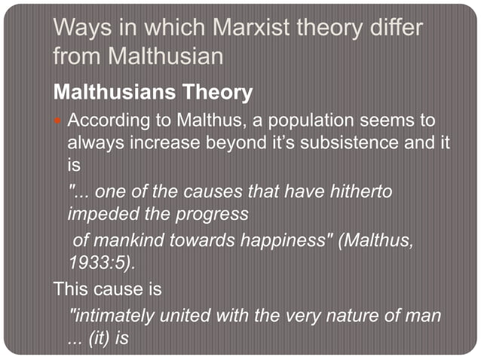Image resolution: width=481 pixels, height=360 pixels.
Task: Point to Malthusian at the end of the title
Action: [x=171, y=56]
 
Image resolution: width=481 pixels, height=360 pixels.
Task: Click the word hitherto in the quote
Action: [x=362, y=192]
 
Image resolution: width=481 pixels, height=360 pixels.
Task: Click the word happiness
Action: [x=272, y=241]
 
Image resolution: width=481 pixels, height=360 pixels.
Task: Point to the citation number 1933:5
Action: [x=100, y=264]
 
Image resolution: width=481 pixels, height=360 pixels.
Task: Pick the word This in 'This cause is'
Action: [x=70, y=289]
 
